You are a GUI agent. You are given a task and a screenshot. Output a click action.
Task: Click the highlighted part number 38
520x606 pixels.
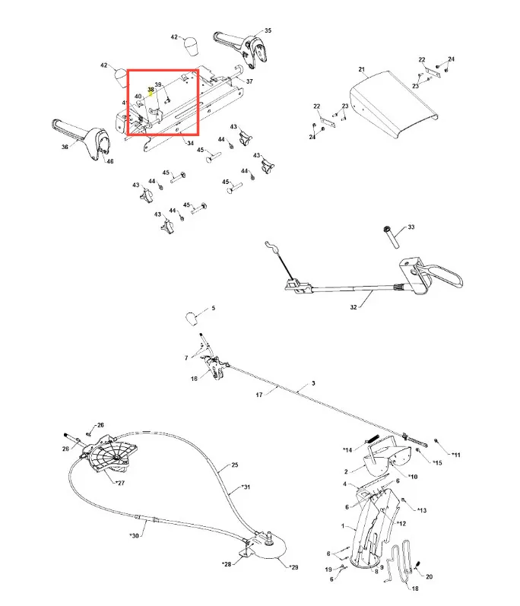pyautogui.click(x=151, y=90)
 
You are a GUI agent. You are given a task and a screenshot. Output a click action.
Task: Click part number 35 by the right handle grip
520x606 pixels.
pyautogui.click(x=267, y=30)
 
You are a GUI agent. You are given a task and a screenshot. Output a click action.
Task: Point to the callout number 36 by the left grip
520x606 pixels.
pyautogui.click(x=64, y=148)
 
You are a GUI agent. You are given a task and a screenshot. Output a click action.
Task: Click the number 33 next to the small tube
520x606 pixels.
pyautogui.click(x=411, y=227)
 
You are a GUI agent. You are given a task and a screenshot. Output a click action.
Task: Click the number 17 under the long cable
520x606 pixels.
pyautogui.click(x=258, y=395)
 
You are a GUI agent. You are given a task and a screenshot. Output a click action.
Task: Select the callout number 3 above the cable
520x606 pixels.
pyautogui.click(x=312, y=384)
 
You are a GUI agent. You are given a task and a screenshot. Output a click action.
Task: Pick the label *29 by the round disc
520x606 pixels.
pyautogui.click(x=293, y=567)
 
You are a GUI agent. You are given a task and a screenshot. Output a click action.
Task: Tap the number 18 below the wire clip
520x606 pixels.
pyautogui.click(x=414, y=588)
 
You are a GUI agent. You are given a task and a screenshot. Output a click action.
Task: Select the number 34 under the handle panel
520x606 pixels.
pyautogui.click(x=189, y=143)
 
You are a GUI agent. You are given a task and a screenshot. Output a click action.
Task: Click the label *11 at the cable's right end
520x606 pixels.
pyautogui.click(x=455, y=455)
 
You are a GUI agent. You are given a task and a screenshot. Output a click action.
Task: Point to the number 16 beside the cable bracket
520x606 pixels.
pyautogui.click(x=194, y=378)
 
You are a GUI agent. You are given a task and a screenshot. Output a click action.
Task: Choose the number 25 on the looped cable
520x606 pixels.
pyautogui.click(x=234, y=465)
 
